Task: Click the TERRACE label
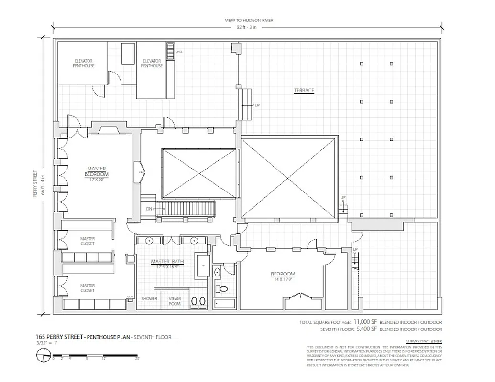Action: pos(304,90)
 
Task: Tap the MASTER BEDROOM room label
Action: pos(96,171)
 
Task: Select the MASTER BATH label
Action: pos(167,262)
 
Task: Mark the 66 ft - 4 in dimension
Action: pos(43,184)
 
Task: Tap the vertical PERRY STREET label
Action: pos(36,184)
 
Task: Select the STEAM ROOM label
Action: pos(175,301)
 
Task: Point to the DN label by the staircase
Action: pos(149,209)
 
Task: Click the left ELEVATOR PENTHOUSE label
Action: pos(83,63)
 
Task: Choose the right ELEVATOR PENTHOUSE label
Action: pos(152,63)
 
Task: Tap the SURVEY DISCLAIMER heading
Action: pos(423,341)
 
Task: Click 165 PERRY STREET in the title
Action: pos(57,337)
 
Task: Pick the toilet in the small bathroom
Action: pos(222,288)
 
